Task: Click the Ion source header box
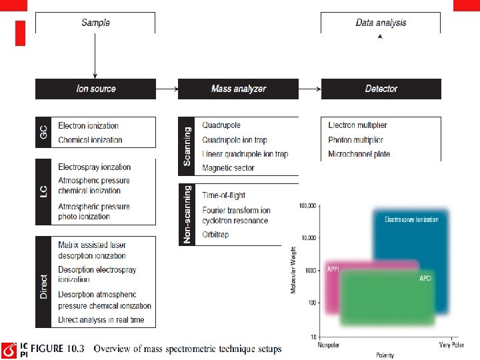pyautogui.click(x=95, y=89)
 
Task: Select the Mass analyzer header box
pyautogui.click(x=238, y=89)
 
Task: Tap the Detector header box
pyautogui.click(x=381, y=89)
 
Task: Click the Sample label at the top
pyautogui.click(x=95, y=23)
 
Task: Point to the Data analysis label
pyautogui.click(x=381, y=23)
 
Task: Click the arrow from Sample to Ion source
pyautogui.click(x=95, y=57)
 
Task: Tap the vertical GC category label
pyautogui.click(x=43, y=132)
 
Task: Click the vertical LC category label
pyautogui.click(x=43, y=191)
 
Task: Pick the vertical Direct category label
pyautogui.click(x=43, y=286)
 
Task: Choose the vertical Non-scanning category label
pyautogui.click(x=187, y=214)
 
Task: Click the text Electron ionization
pyautogui.click(x=88, y=125)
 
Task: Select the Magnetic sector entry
pyautogui.click(x=228, y=168)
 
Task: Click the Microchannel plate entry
pyautogui.click(x=359, y=154)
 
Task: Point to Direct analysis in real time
pyautogui.click(x=101, y=320)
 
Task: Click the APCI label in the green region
pyautogui.click(x=425, y=278)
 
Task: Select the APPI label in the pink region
pyautogui.click(x=333, y=269)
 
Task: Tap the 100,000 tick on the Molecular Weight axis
pyautogui.click(x=308, y=206)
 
